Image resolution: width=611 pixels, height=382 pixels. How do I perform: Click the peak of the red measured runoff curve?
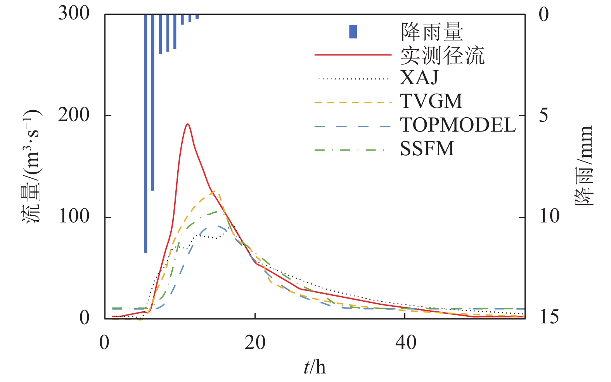point(188,124)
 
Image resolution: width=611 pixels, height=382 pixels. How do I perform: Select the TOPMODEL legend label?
point(458,125)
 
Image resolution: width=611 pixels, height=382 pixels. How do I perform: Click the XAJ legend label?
point(419,78)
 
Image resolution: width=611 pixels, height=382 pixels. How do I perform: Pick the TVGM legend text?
point(431,101)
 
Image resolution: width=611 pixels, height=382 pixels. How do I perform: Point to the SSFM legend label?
point(427,149)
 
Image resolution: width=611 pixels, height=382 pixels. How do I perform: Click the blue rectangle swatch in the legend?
point(353,31)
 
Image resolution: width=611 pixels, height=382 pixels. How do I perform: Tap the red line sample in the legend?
point(352,55)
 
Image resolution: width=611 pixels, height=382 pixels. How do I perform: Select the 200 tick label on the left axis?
point(74,115)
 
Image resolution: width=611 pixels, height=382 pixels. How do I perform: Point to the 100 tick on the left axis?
point(74,217)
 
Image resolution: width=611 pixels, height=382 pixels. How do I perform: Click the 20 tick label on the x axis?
point(255,342)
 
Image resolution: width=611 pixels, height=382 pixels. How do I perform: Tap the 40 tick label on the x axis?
point(406,342)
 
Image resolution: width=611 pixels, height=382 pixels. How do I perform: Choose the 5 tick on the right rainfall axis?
point(543,115)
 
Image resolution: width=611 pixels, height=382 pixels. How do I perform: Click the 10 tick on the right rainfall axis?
point(549,216)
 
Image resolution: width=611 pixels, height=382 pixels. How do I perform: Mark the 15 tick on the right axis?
point(549,317)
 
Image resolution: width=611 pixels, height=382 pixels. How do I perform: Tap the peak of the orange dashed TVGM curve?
point(214,191)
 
